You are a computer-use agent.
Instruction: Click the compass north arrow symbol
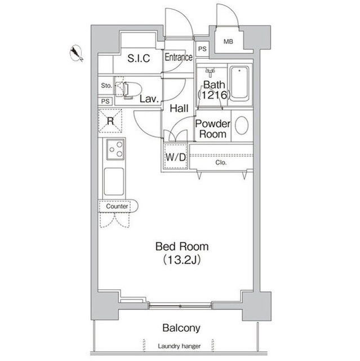tap(76, 54)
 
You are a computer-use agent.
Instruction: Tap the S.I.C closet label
tap(139, 58)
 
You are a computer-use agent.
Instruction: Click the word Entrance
tap(179, 57)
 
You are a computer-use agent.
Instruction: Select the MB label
tap(228, 42)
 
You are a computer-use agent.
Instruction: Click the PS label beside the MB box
tap(202, 49)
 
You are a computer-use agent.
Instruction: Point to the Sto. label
tap(106, 86)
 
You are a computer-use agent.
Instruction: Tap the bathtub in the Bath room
tap(239, 84)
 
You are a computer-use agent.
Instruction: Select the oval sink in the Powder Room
tap(242, 125)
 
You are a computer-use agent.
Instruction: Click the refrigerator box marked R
tap(110, 121)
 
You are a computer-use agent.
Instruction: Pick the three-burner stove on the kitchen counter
tap(115, 149)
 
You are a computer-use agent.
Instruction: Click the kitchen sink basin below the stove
tap(114, 182)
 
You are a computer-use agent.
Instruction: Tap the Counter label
tap(117, 206)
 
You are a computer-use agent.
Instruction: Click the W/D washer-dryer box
tap(176, 157)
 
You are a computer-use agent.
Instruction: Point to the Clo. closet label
tap(221, 162)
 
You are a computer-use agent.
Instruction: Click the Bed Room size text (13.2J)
tap(182, 260)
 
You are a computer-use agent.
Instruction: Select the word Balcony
tap(181, 328)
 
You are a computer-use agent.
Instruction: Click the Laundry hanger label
tap(179, 346)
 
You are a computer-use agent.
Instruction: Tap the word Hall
tap(179, 108)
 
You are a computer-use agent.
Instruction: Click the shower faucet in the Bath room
tap(210, 72)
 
